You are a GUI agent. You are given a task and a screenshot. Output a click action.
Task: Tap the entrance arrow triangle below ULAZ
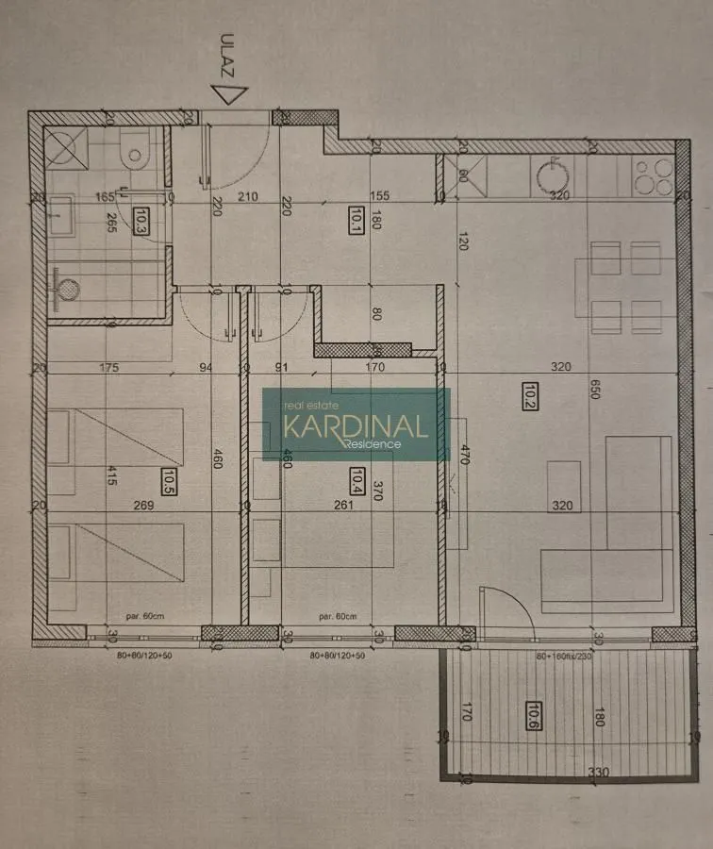click(228, 93)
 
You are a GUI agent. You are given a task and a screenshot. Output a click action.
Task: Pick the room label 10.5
click(170, 481)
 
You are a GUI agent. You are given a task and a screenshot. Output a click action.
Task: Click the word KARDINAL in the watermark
click(356, 424)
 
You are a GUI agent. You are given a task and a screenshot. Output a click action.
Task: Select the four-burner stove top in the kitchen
click(652, 176)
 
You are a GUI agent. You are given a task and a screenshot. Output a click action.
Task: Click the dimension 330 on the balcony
click(598, 772)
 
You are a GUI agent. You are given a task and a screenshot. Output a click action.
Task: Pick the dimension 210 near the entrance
click(247, 197)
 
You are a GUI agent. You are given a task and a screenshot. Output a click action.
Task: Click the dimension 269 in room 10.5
click(143, 506)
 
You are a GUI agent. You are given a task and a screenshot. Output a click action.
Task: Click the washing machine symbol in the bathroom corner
click(67, 149)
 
